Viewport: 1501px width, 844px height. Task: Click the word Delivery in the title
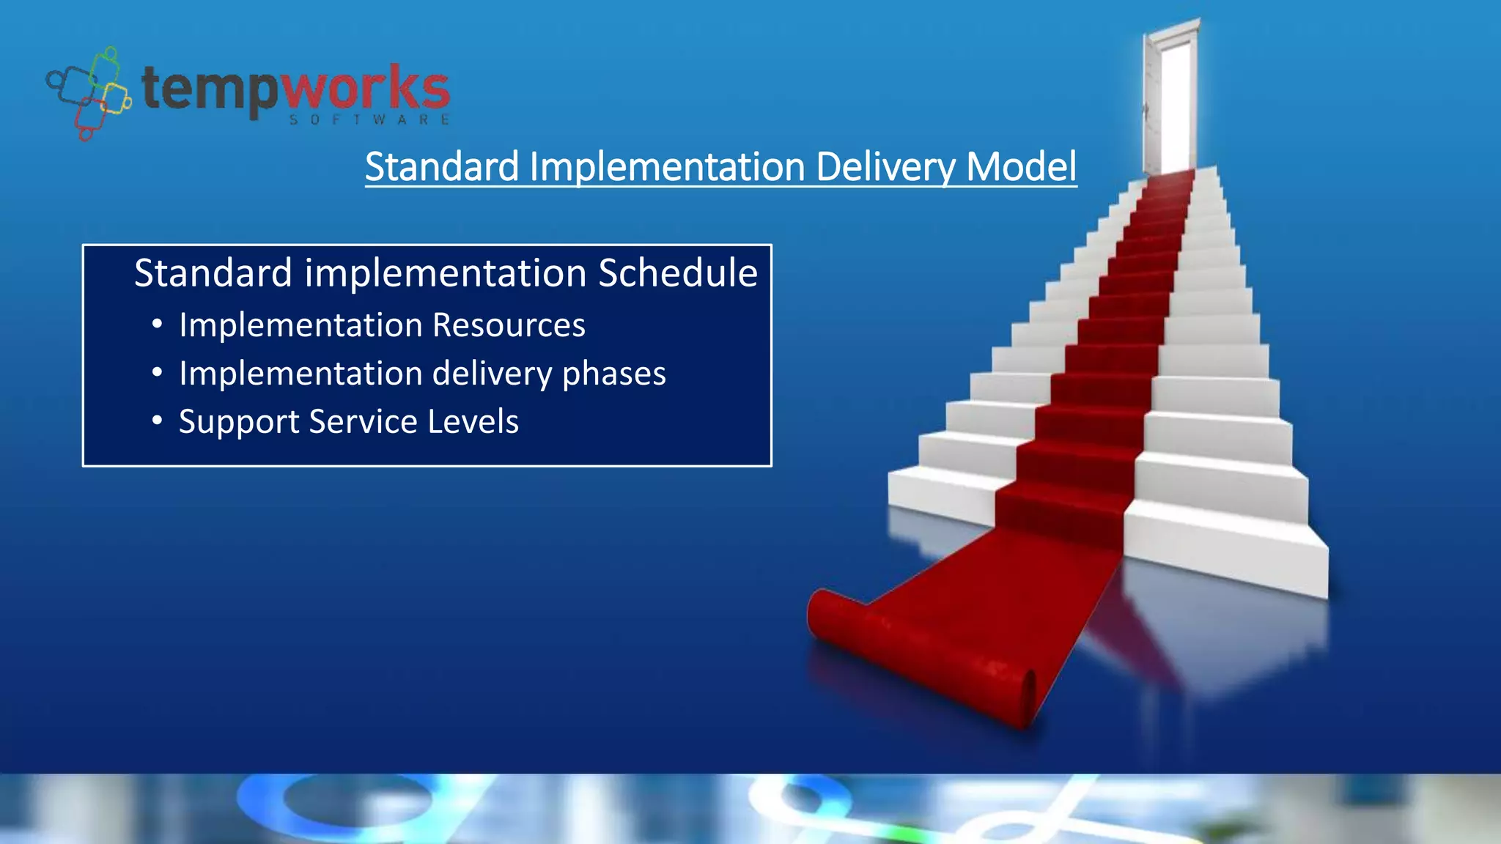885,167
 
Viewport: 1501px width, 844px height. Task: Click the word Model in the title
1021,166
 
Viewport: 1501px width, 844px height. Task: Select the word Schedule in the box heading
677,273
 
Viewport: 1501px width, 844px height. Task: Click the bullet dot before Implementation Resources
157,325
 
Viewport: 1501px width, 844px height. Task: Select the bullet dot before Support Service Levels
157,421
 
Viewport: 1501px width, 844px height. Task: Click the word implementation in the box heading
445,273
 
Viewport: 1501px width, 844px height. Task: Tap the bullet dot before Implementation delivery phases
157,373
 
